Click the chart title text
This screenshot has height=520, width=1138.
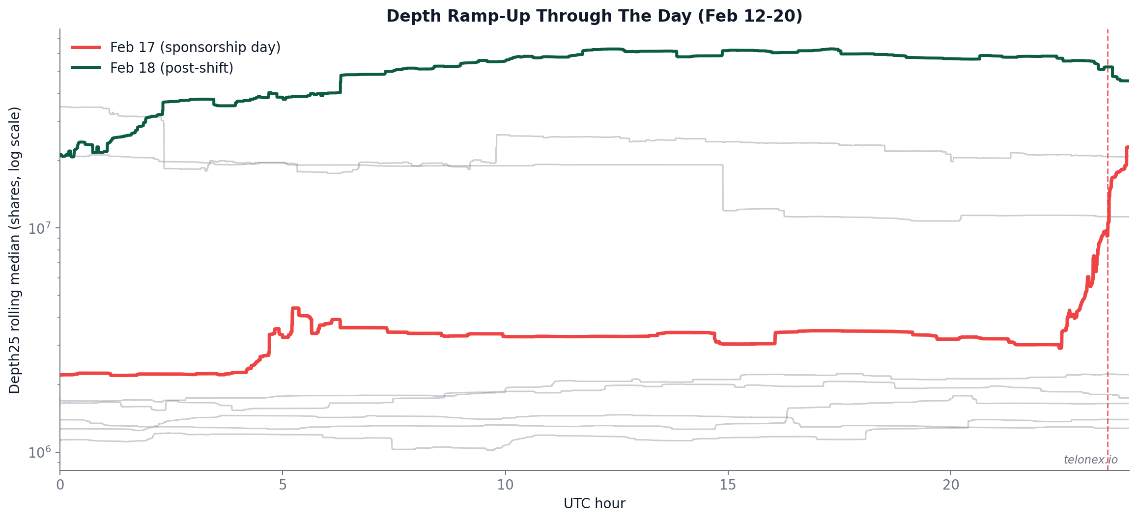(594, 16)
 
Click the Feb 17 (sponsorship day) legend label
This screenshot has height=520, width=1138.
(195, 47)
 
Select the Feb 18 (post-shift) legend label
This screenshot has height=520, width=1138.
(171, 68)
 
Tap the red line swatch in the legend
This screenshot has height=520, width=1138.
(86, 47)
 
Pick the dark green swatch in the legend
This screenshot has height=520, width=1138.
(86, 68)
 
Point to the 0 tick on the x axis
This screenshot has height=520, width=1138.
(60, 485)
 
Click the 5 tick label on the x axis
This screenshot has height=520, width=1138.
(283, 485)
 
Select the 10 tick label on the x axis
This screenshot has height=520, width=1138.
(505, 485)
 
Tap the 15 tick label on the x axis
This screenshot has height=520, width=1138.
(728, 485)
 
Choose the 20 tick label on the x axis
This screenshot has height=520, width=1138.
(951, 485)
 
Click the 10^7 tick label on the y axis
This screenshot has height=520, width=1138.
(39, 228)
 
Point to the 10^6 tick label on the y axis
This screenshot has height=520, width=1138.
(39, 452)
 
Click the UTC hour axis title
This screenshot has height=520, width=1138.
(594, 504)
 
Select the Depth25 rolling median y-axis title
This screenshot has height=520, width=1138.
(15, 250)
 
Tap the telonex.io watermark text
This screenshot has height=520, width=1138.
(1090, 460)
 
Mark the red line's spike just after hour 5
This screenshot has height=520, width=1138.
(295, 309)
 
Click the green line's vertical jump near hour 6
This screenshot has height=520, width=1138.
(341, 83)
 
